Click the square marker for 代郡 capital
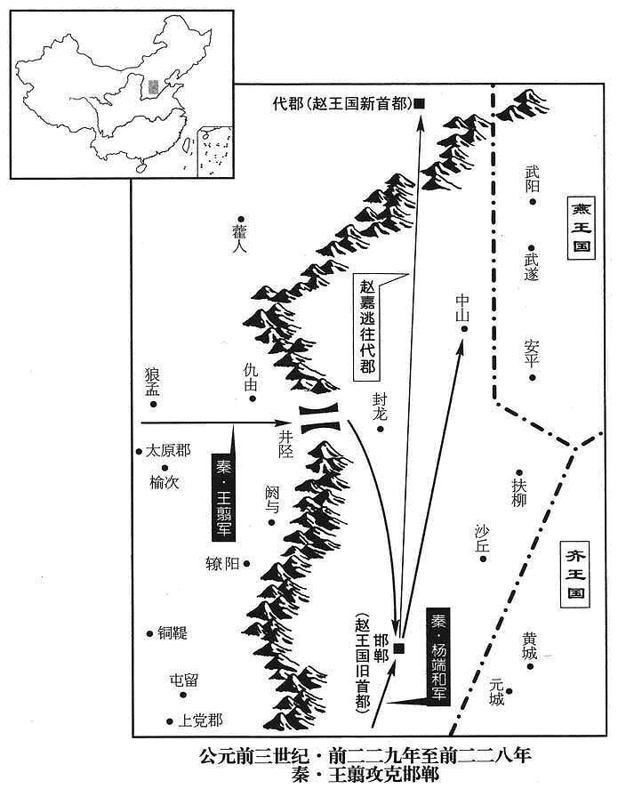click(420, 104)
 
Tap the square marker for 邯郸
click(399, 648)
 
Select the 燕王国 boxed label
click(581, 229)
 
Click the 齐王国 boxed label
click(575, 575)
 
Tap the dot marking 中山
click(463, 329)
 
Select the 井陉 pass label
click(285, 443)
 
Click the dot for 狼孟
click(153, 404)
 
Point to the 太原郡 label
click(168, 451)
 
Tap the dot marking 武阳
click(533, 202)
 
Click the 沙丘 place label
click(481, 539)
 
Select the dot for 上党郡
click(169, 721)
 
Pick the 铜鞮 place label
click(173, 632)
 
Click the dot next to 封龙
click(379, 429)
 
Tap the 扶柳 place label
click(519, 493)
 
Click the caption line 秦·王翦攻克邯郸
click(365, 775)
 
